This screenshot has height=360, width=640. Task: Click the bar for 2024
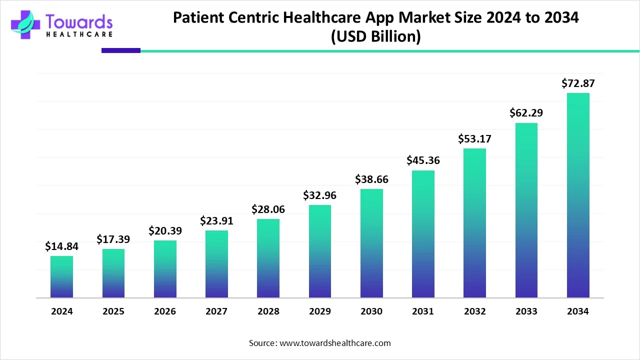pos(61,277)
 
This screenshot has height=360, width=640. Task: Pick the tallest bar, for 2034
pos(578,195)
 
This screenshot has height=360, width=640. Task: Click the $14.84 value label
pos(61,246)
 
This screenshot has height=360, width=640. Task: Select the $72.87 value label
pos(578,83)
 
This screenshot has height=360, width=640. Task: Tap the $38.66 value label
pos(371,179)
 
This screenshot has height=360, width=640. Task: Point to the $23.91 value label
pos(216,220)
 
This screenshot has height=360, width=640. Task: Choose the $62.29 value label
pos(526,113)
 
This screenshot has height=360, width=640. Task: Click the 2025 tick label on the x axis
pos(113,311)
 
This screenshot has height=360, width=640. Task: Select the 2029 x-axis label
pos(320,311)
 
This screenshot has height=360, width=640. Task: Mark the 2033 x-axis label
pos(526,311)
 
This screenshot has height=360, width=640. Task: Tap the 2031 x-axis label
pos(423,311)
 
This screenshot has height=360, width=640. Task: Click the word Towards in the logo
pos(79,21)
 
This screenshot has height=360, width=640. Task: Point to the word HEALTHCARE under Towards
pos(79,34)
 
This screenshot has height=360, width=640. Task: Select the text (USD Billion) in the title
pos(375,37)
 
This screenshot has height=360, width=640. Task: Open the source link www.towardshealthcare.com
pos(334,343)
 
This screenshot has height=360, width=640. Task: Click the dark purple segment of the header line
pos(120,50)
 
